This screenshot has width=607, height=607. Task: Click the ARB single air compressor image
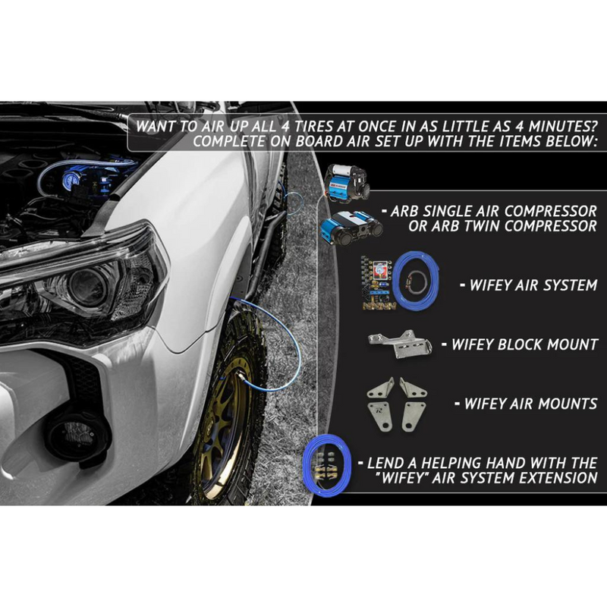(x=347, y=182)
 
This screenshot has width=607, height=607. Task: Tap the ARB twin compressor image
(x=351, y=228)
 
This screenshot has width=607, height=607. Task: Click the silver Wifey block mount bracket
(x=400, y=344)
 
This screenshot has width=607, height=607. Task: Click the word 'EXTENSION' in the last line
(x=558, y=478)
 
